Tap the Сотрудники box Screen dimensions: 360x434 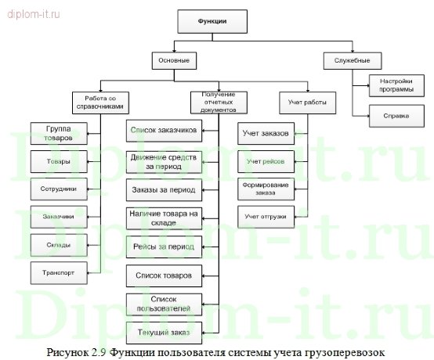(x=58, y=189)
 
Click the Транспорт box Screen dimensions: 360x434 (x=58, y=272)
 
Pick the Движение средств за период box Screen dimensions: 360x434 (x=163, y=161)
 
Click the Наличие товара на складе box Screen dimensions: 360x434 (x=163, y=218)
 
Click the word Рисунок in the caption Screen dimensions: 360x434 (x=70, y=351)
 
